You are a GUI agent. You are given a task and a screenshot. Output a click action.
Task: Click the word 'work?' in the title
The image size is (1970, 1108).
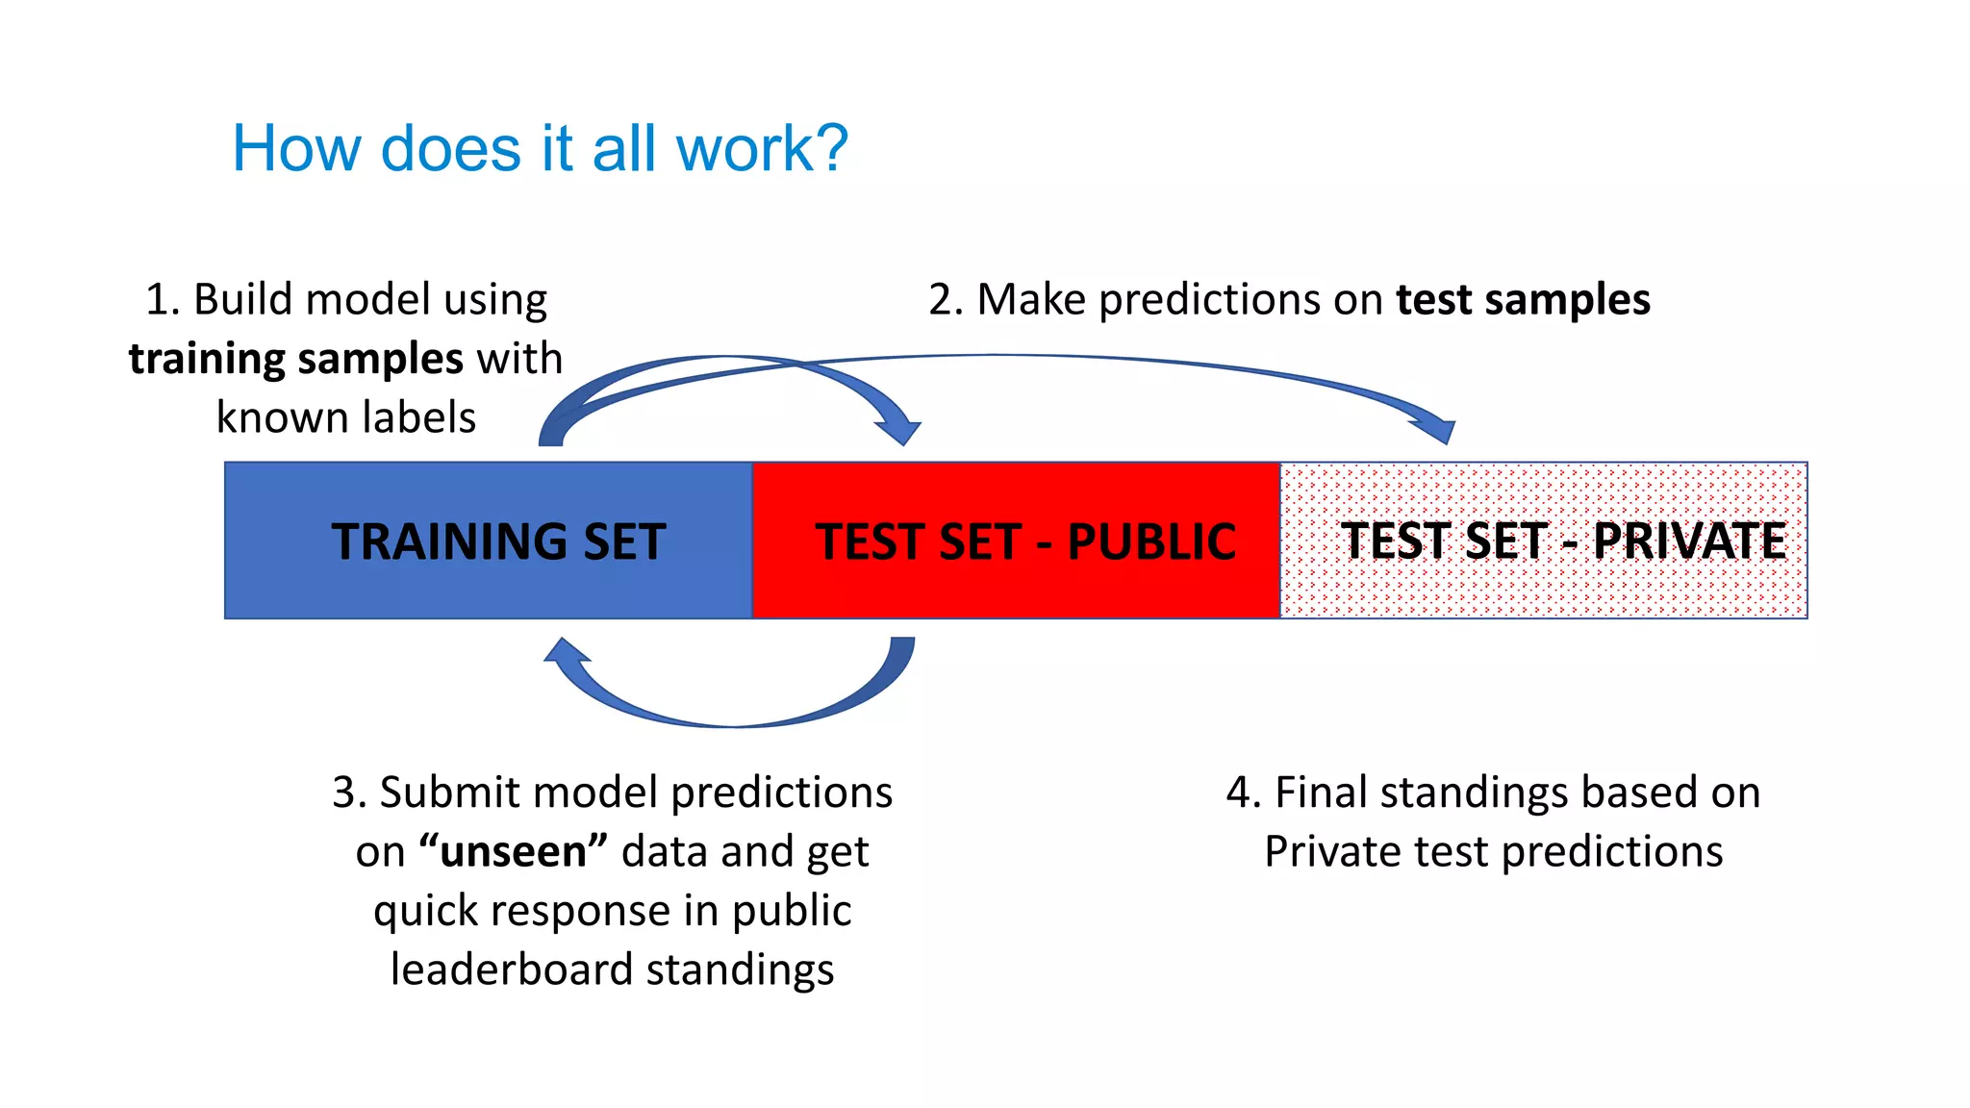click(762, 149)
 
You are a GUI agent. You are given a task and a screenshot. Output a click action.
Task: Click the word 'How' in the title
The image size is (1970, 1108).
click(296, 149)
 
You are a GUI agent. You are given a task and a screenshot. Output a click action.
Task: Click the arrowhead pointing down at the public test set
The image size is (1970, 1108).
click(899, 430)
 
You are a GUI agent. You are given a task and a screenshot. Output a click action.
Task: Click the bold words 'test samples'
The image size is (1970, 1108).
click(1523, 299)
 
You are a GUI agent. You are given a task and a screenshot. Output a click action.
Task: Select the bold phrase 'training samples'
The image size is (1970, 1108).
click(296, 359)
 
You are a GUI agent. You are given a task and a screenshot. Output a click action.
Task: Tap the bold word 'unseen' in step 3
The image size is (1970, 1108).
click(513, 851)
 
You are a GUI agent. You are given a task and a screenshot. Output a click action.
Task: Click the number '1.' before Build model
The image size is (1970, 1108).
click(163, 299)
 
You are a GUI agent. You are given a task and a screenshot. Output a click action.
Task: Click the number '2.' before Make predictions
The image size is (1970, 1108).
click(946, 299)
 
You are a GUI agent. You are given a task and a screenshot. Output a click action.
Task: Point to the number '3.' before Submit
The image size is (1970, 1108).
click(349, 793)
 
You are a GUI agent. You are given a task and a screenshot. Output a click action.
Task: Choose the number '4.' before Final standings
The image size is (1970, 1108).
click(1243, 793)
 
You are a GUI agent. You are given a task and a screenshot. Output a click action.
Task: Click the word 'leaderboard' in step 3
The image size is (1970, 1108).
click(512, 969)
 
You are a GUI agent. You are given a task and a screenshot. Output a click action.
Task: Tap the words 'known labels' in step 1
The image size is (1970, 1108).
click(345, 417)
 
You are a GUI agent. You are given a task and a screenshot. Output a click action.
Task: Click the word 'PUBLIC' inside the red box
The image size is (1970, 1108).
click(1150, 541)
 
